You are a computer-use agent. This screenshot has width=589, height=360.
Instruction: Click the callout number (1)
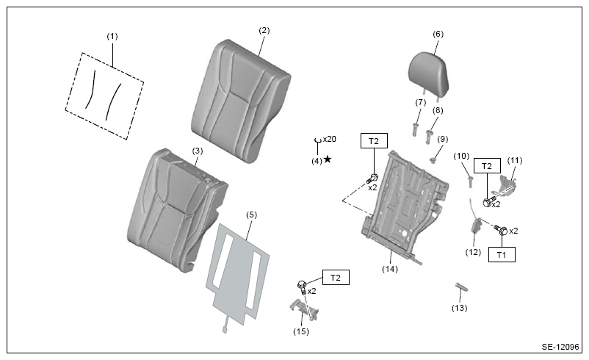[112, 37]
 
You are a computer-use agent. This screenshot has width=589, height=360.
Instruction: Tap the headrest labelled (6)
[429, 73]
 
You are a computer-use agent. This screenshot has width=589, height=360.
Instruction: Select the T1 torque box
[502, 254]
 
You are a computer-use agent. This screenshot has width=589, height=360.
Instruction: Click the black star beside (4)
[328, 159]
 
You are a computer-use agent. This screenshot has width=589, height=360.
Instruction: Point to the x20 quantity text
[330, 139]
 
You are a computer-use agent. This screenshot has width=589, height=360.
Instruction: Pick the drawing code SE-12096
[560, 347]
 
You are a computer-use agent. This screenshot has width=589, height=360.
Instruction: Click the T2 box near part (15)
[336, 277]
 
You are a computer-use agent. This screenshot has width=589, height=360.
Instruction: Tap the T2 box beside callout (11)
[487, 166]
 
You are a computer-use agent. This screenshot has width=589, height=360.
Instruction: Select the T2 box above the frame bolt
[374, 141]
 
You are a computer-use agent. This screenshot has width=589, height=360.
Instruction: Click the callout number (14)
[390, 269]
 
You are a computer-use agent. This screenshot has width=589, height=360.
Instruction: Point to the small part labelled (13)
[462, 287]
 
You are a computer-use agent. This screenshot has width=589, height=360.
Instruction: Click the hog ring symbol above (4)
[318, 140]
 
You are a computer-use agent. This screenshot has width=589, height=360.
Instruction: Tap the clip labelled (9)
[433, 160]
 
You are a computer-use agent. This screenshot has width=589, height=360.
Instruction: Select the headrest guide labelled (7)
[416, 129]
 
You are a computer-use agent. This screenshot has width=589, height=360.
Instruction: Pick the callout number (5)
[251, 215]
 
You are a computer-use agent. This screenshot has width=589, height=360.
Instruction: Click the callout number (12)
[473, 252]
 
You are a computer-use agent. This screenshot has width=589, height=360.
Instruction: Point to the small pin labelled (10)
[470, 181]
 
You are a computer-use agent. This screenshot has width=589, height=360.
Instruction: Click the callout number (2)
[264, 30]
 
